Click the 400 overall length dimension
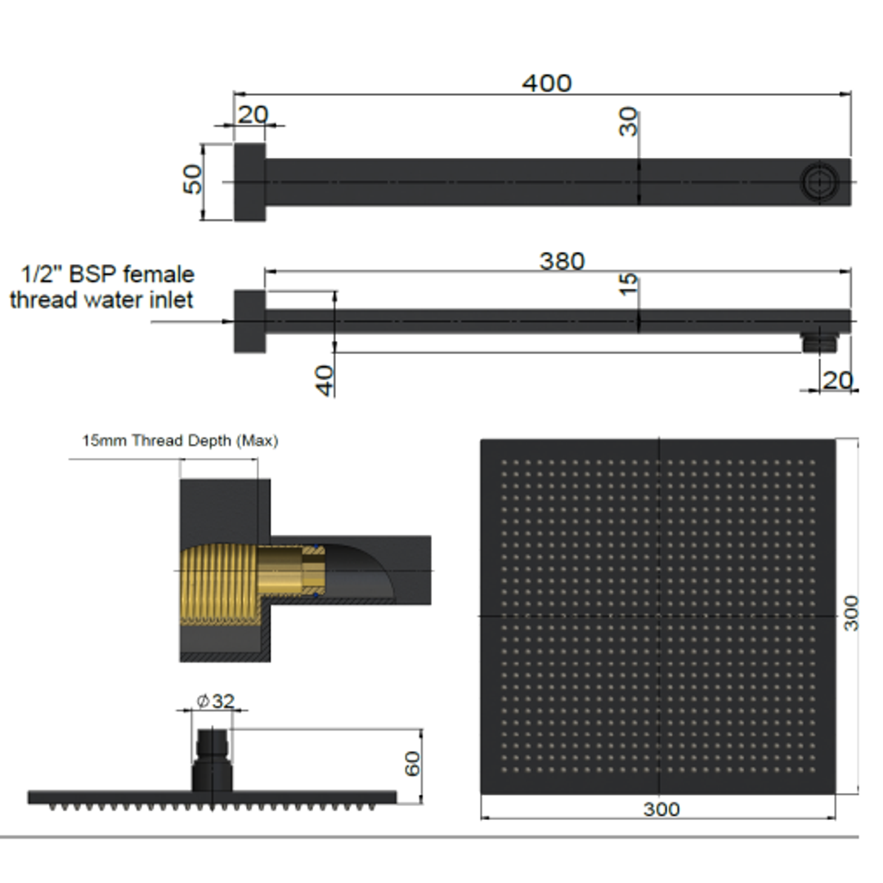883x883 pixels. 547,83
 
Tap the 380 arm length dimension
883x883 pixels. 562,262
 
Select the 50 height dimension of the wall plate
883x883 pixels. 193,179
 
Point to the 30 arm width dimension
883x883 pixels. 629,122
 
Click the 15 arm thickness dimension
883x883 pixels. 629,285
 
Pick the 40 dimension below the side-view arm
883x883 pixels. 325,381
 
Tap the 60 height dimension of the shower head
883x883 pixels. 412,764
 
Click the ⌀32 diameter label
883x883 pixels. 216,701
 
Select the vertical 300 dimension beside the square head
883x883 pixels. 851,613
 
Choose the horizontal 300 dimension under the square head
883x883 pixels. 661,809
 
